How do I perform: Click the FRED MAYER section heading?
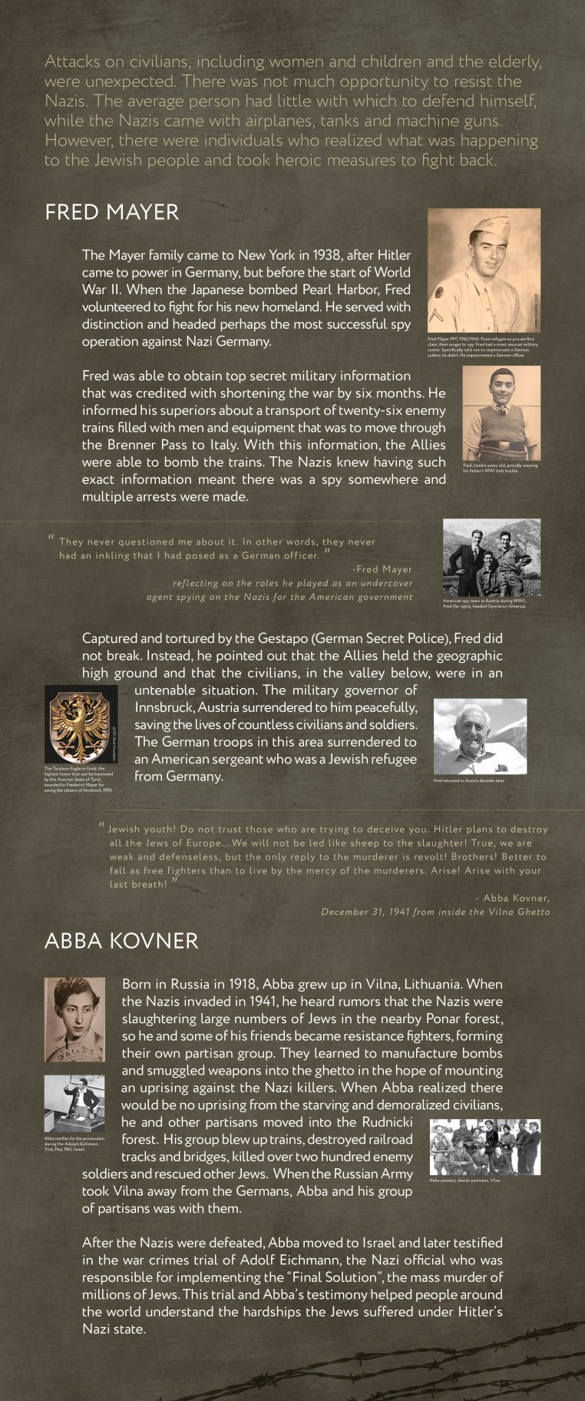112,212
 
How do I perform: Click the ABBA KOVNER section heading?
121,940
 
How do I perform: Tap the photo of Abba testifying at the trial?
74,1102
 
